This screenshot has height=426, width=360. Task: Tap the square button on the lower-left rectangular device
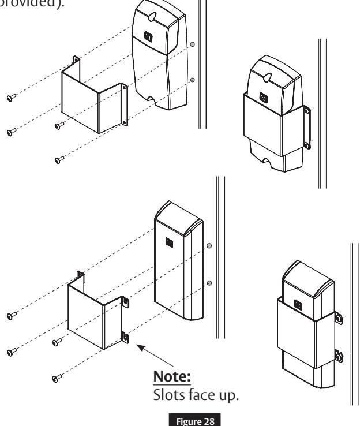coord(169,242)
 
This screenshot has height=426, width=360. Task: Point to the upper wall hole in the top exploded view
coord(193,43)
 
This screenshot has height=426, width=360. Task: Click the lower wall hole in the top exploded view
coord(193,80)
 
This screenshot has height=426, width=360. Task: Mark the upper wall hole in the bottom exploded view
coord(209,245)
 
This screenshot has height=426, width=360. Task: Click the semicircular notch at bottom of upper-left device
coord(152,99)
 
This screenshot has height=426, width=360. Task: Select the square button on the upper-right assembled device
coord(263,98)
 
